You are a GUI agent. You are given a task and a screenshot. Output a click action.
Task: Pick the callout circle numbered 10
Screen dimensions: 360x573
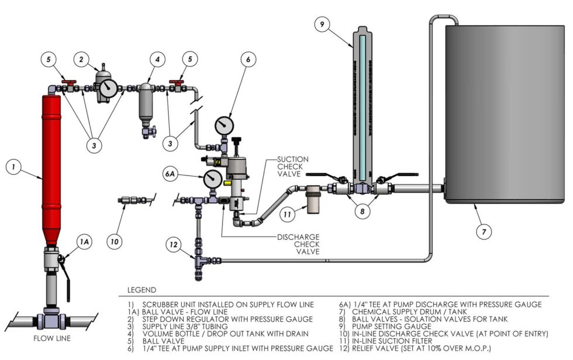115,239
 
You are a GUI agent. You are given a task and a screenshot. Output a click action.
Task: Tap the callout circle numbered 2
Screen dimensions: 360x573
84,58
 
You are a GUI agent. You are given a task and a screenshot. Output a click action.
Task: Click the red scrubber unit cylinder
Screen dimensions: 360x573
51,169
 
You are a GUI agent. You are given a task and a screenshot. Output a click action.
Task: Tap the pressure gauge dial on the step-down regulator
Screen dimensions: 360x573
108,89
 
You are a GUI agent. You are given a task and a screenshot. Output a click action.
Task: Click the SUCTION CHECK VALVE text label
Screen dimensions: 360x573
293,167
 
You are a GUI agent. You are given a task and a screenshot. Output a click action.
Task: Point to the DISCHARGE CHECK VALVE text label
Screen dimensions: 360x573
298,244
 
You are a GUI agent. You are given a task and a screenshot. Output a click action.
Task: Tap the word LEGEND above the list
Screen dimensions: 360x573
141,290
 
